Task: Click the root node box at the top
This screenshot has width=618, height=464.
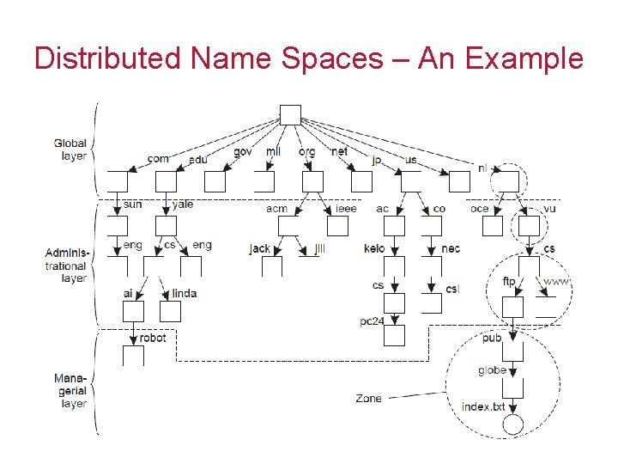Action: (290, 114)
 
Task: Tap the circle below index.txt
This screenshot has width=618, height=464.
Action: (512, 424)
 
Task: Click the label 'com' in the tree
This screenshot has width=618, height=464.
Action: (158, 158)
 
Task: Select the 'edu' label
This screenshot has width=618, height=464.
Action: (198, 159)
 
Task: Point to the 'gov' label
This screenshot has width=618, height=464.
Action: (243, 152)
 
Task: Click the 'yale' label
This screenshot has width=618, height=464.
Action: (183, 205)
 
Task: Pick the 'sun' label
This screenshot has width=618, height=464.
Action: (132, 205)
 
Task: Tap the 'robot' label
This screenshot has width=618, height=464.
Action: (153, 338)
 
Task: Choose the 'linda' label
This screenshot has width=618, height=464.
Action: (184, 293)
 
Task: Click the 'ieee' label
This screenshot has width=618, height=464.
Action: (345, 208)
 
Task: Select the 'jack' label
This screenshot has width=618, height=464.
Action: (259, 248)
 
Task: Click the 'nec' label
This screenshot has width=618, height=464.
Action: (451, 248)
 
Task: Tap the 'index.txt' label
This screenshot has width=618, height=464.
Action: (483, 406)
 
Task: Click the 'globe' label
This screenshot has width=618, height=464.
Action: (493, 370)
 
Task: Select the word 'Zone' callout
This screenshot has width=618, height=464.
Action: (369, 398)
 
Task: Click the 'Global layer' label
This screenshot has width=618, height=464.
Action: (70, 150)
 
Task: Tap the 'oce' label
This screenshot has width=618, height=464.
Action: (479, 208)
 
